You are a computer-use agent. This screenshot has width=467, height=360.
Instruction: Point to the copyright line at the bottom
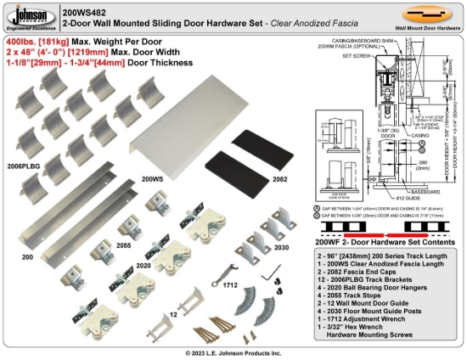click(233, 352)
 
